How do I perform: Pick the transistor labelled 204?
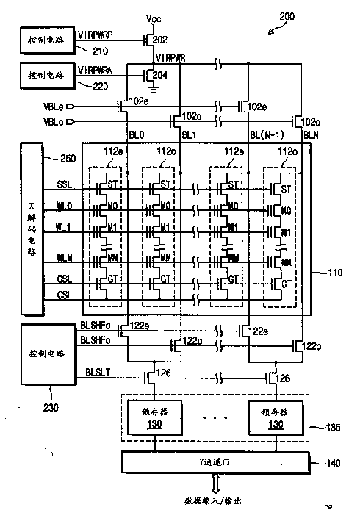tap(150, 74)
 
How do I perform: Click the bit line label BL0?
tap(136, 135)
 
